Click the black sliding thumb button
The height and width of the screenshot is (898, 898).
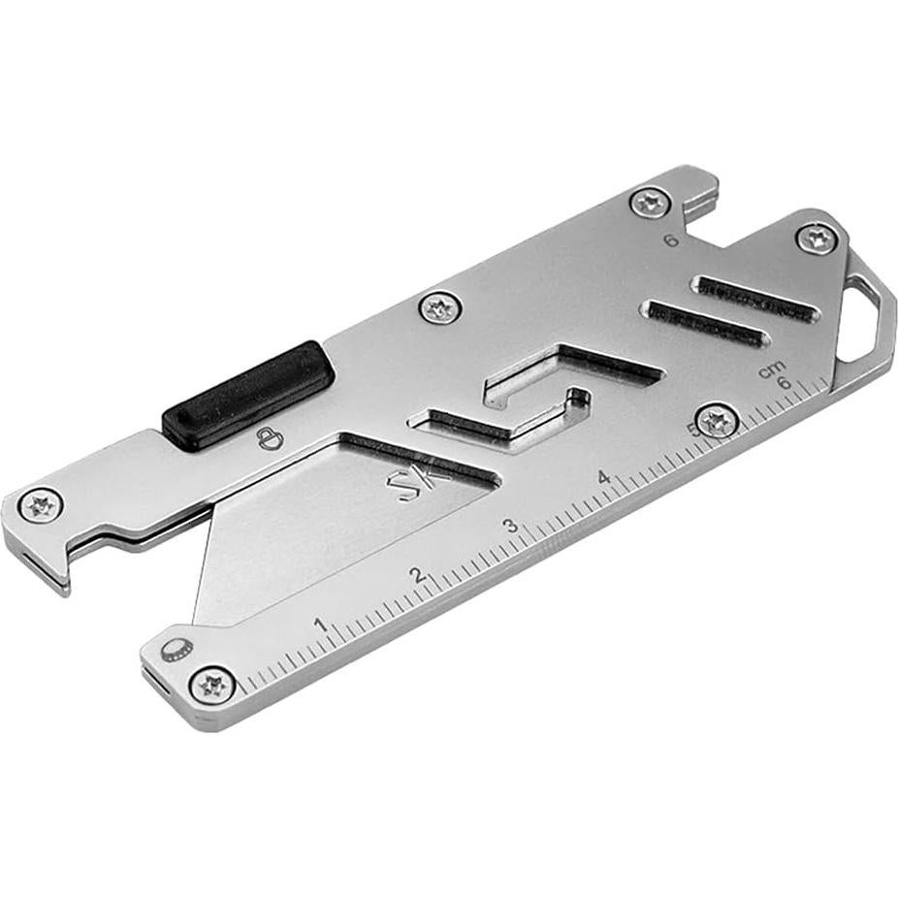pos(248,394)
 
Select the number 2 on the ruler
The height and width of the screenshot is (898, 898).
pos(418,575)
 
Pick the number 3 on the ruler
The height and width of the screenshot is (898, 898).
pos(509,527)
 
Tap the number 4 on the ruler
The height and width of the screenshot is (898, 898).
pos(603,478)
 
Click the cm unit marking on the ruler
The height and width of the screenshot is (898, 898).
pos(771,369)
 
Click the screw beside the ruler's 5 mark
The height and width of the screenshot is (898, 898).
pos(718,421)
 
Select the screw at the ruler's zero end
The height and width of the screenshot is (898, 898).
pos(212,685)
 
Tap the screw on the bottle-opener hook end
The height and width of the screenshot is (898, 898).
pos(41,504)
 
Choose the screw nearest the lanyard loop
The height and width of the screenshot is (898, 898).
pos(817,238)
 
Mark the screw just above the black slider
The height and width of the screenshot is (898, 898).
pos(440,309)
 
